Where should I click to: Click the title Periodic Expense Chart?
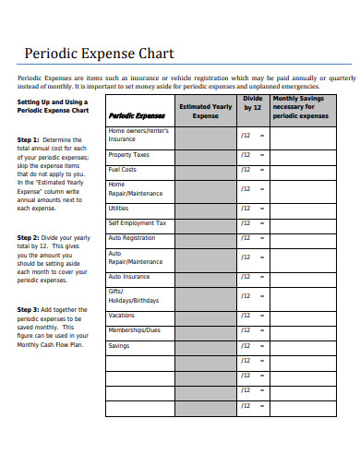click(99, 54)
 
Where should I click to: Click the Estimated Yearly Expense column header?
click(206, 112)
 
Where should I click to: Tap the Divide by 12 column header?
click(253, 102)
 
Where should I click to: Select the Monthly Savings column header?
click(300, 107)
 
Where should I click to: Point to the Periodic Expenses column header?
click(137, 116)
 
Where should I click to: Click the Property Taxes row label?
click(128, 154)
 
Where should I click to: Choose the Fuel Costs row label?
click(123, 170)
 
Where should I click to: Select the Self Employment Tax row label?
click(137, 222)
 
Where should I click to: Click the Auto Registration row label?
click(132, 237)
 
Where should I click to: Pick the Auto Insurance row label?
click(128, 276)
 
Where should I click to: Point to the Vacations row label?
click(122, 316)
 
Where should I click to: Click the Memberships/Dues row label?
click(134, 329)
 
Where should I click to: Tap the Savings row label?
click(119, 345)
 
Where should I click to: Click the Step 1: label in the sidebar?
click(29, 139)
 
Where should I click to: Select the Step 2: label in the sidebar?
click(29, 237)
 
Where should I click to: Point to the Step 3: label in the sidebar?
click(29, 309)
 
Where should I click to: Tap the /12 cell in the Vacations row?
click(246, 316)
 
